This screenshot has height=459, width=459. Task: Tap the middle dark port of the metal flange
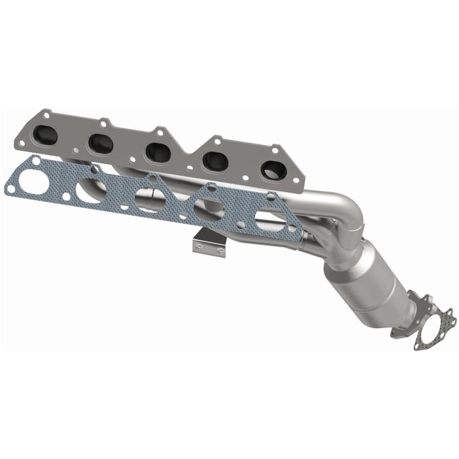tap(159, 152)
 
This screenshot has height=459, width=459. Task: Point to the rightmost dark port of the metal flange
tap(271, 169)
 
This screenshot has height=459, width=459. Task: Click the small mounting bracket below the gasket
tap(209, 243)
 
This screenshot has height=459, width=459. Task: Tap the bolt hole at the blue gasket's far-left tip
tap(10, 189)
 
